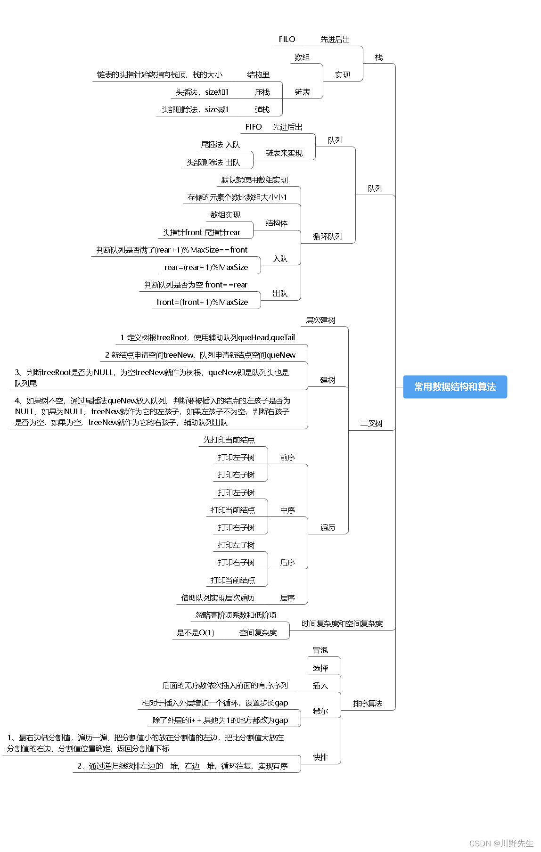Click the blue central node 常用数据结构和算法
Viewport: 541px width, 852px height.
coord(455,387)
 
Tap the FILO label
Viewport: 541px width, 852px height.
coord(287,40)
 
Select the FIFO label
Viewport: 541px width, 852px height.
coord(253,127)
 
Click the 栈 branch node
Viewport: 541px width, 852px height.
coord(378,57)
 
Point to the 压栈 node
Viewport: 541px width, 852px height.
coord(262,92)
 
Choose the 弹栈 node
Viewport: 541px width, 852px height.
coord(262,110)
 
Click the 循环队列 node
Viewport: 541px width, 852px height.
coord(328,237)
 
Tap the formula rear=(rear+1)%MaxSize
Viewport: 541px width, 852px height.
coord(206,267)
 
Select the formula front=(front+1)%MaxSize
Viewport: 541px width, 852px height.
coord(202,302)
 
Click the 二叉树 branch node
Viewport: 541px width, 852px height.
coord(371,424)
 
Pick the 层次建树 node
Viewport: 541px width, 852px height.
coord(320,320)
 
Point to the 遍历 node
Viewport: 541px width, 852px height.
coord(328,528)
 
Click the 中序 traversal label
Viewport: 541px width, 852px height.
coord(287,510)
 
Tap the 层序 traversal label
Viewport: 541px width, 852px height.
coord(287,598)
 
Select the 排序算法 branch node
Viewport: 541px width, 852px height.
coord(368,704)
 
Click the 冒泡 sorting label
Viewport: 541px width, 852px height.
coord(320,650)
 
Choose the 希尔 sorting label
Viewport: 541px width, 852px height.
coord(320,711)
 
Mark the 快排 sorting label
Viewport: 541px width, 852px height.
coord(320,757)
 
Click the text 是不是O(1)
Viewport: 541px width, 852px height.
coord(195,633)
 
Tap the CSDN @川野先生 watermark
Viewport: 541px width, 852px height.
coord(501,843)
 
